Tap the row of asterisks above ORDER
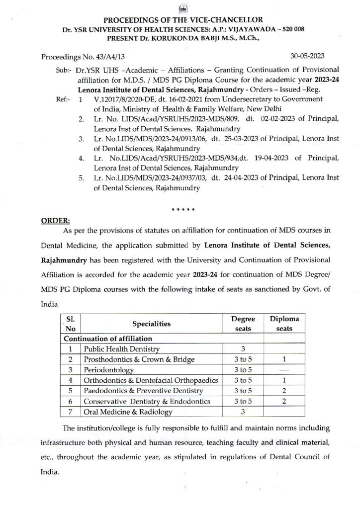tap(181, 207)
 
